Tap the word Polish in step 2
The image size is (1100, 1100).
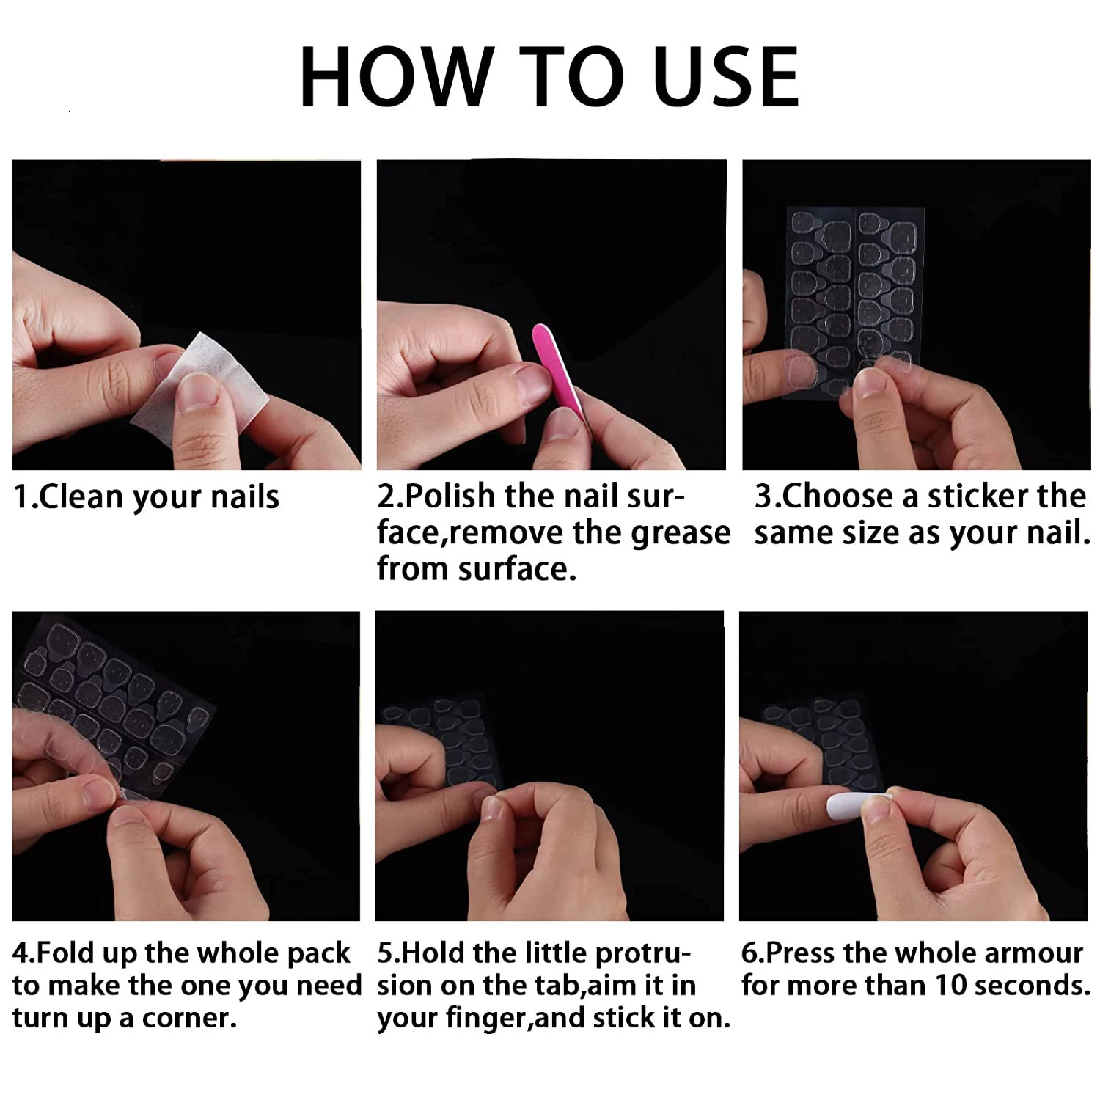coord(450,496)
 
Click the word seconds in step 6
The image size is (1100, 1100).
coord(1030,985)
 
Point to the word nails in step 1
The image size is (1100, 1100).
coord(245,497)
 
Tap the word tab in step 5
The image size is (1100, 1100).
coord(564,985)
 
